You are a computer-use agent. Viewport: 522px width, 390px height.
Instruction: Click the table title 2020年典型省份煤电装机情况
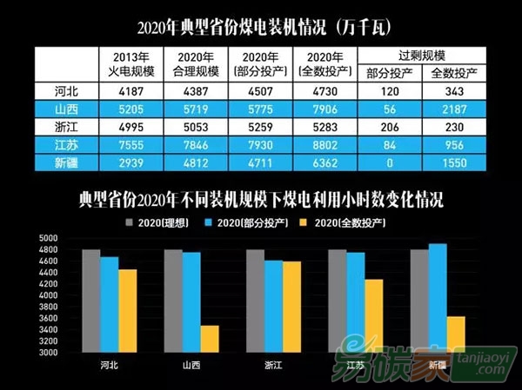tap(261, 23)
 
